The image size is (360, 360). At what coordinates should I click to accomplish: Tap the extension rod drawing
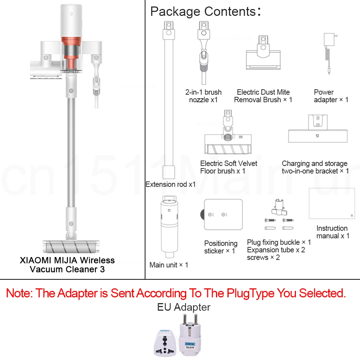tap(168, 101)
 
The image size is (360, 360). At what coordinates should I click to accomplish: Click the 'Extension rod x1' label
tap(171, 184)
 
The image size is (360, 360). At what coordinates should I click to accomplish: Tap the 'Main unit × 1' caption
tap(168, 265)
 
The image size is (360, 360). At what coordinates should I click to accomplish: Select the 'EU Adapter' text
tap(184, 307)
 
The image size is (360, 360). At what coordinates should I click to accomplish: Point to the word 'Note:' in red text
tap(20, 293)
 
